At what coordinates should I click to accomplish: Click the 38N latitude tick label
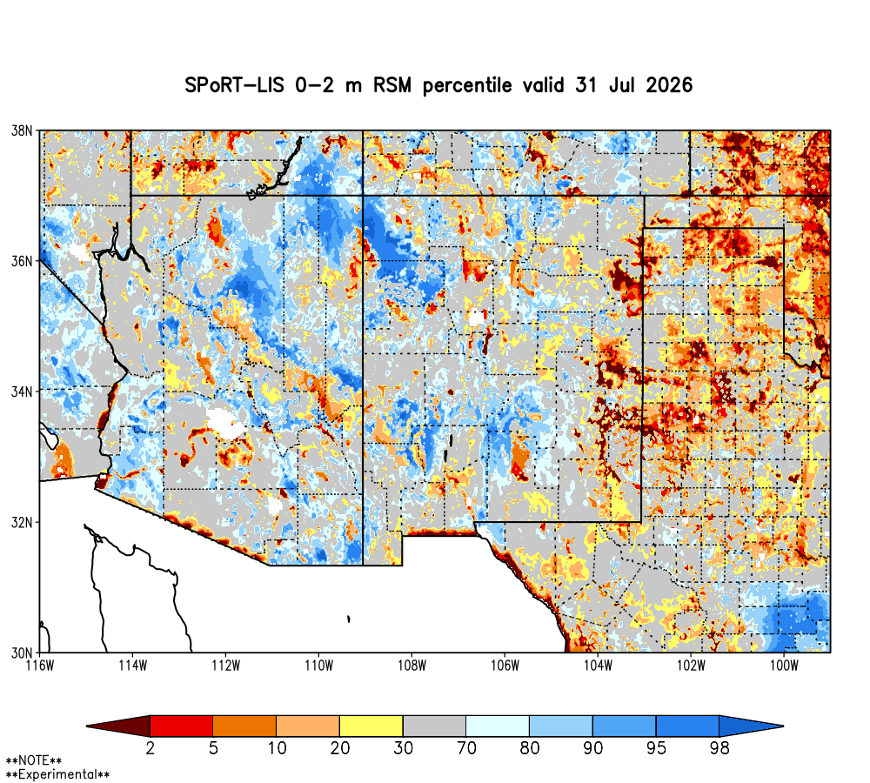23,131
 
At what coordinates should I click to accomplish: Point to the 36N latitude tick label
23,261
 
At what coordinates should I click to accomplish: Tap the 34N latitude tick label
23,391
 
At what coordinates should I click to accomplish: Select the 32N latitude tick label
23,522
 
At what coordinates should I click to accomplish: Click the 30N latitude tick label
23,652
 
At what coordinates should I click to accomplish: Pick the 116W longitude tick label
40,666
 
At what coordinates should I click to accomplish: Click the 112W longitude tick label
226,666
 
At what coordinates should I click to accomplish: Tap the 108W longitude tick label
412,666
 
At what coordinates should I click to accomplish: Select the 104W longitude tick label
599,666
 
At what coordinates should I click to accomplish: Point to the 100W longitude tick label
784,666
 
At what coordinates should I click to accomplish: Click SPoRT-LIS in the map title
234,85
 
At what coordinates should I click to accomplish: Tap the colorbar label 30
404,748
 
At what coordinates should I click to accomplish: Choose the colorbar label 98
719,748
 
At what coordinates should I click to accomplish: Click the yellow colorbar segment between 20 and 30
371,726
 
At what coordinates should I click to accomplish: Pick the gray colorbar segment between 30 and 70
434,726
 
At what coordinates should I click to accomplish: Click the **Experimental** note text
57,774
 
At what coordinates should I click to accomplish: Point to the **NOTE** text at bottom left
34,760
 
